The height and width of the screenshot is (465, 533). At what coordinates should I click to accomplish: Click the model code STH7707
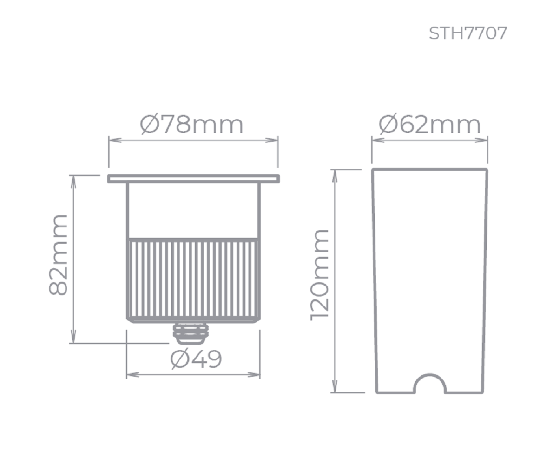468,33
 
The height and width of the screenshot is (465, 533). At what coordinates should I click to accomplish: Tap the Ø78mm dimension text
192,125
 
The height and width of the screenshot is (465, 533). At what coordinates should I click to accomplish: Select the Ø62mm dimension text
430,124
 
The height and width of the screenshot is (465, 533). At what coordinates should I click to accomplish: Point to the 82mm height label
59,255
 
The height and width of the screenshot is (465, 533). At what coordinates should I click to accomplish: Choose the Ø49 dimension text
196,359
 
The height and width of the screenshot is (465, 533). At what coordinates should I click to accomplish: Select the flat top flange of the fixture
193,179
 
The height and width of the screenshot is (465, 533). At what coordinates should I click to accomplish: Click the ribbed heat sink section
193,279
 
